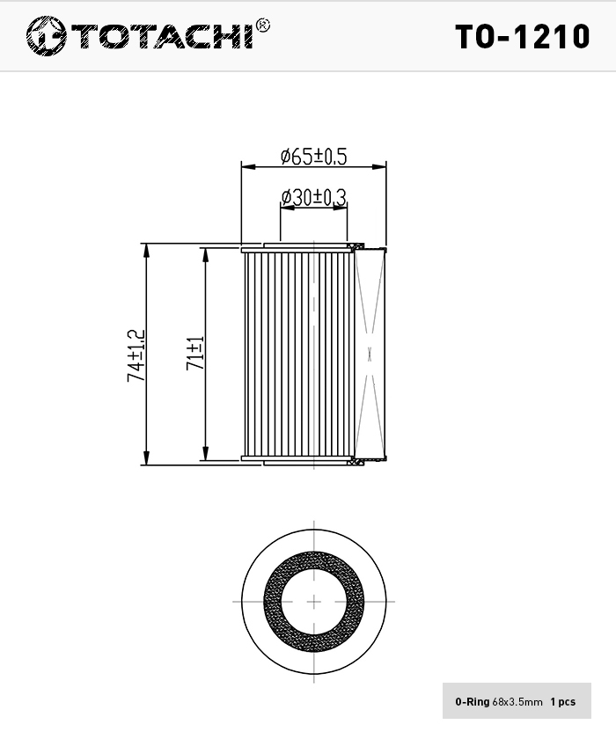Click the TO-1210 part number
(522, 37)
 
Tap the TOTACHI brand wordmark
(164, 36)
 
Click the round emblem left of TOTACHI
(46, 36)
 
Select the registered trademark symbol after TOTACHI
(262, 25)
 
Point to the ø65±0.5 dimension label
(313, 156)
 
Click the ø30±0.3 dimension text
(313, 197)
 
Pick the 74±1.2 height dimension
(136, 355)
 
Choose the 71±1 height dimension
(195, 353)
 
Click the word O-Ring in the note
(473, 702)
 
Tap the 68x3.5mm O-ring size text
(517, 702)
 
